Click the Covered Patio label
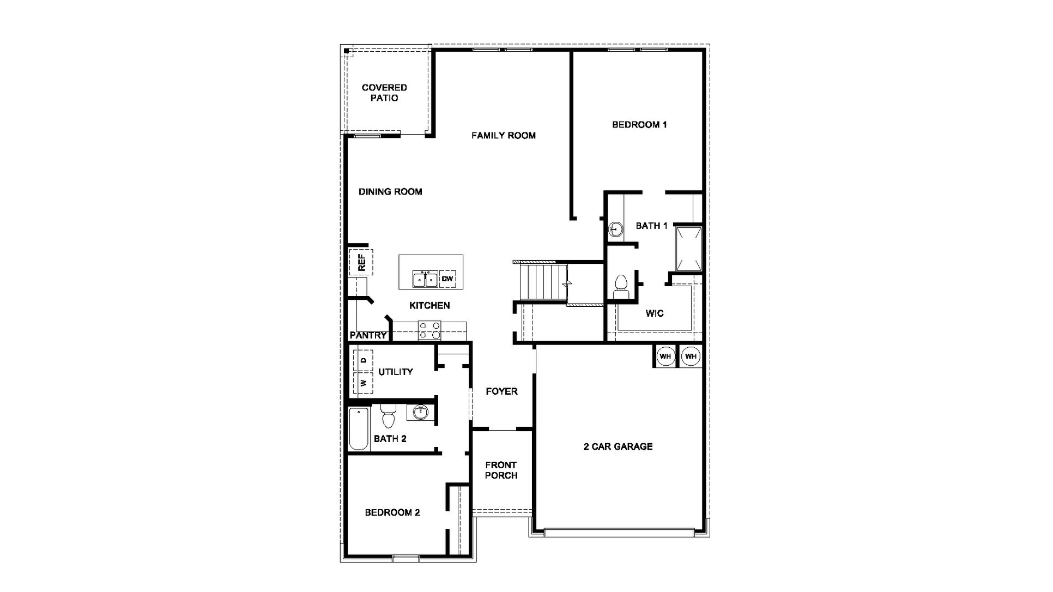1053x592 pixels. (384, 93)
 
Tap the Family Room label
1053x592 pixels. (503, 135)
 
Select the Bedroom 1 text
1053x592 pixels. (639, 124)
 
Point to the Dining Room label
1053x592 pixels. (390, 192)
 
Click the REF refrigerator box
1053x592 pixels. (361, 262)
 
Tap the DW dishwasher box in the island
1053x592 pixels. (447, 279)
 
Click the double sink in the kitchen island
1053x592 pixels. (425, 279)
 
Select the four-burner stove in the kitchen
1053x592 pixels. (429, 330)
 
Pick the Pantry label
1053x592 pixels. (368, 335)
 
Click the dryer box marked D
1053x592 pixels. (364, 360)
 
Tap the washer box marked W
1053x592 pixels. (364, 383)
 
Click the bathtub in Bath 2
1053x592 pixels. (359, 428)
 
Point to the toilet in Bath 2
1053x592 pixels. (388, 416)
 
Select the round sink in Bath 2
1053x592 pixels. (420, 413)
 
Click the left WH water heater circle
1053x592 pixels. (665, 357)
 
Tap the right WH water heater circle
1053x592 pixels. (691, 357)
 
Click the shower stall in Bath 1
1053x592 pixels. (688, 249)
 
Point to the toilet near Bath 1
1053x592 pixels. (621, 287)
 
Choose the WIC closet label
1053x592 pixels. (655, 313)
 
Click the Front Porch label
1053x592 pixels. (501, 470)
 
